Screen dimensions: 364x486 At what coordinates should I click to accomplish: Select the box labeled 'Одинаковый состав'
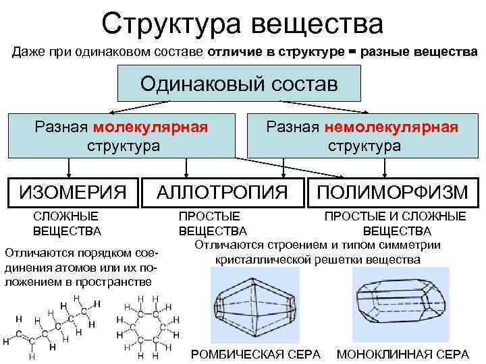(239, 84)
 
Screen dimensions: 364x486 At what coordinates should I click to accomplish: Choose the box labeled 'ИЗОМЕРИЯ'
(73, 192)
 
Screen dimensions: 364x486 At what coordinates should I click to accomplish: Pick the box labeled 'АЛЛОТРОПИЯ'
(223, 192)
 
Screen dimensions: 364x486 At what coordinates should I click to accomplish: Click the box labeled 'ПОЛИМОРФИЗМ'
(393, 192)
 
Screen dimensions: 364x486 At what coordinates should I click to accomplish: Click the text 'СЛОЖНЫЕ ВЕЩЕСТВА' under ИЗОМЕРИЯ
(67, 224)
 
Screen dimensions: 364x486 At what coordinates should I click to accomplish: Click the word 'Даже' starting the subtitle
(25, 52)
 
